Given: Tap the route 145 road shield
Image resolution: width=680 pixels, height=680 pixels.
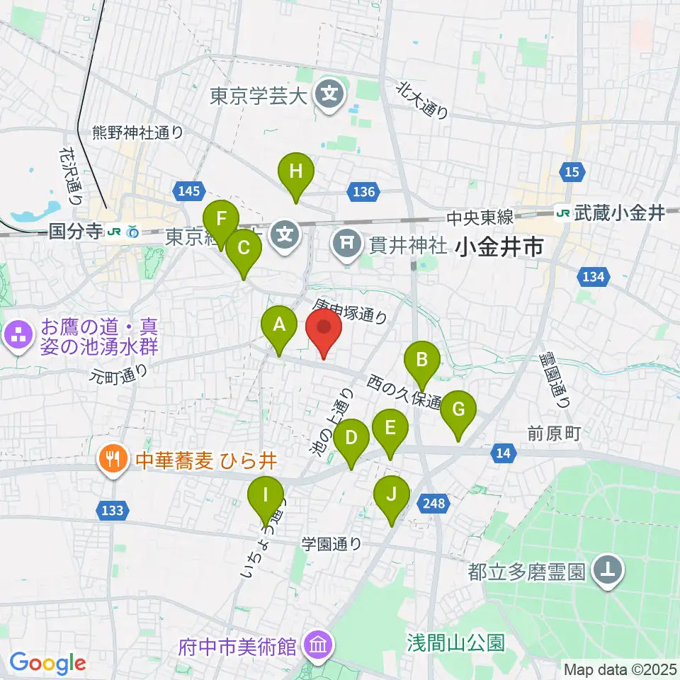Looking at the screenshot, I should (190, 191).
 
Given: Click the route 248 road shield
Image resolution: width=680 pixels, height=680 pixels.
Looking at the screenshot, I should (436, 503).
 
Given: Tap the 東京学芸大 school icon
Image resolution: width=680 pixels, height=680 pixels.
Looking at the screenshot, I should (330, 95).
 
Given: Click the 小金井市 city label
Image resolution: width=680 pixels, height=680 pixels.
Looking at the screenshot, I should (500, 247).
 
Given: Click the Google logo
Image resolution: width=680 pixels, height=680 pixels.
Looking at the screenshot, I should (47, 664).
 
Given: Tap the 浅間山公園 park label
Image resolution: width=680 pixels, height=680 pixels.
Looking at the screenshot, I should (455, 643).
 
